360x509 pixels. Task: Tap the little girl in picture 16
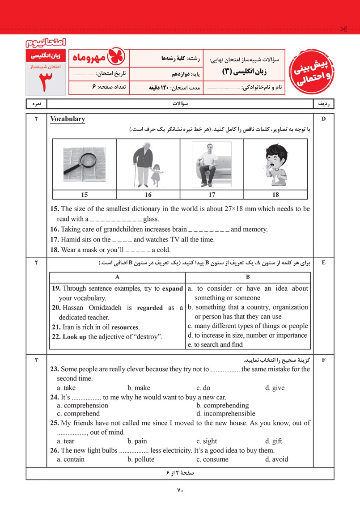coord(157,175)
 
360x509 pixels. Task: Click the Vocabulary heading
coord(68,119)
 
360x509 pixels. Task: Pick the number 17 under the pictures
coord(212,195)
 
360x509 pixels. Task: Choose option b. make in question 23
coord(139,388)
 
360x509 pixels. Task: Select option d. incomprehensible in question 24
coord(226,413)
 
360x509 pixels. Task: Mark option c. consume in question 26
coord(212,459)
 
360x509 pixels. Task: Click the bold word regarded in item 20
coord(150,308)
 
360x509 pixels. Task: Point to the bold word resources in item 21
coord(125,327)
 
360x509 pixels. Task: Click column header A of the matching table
coord(117,277)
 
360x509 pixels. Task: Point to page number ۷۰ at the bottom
coord(180,490)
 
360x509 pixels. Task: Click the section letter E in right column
coord(323,263)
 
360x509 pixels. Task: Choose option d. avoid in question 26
coord(276,459)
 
